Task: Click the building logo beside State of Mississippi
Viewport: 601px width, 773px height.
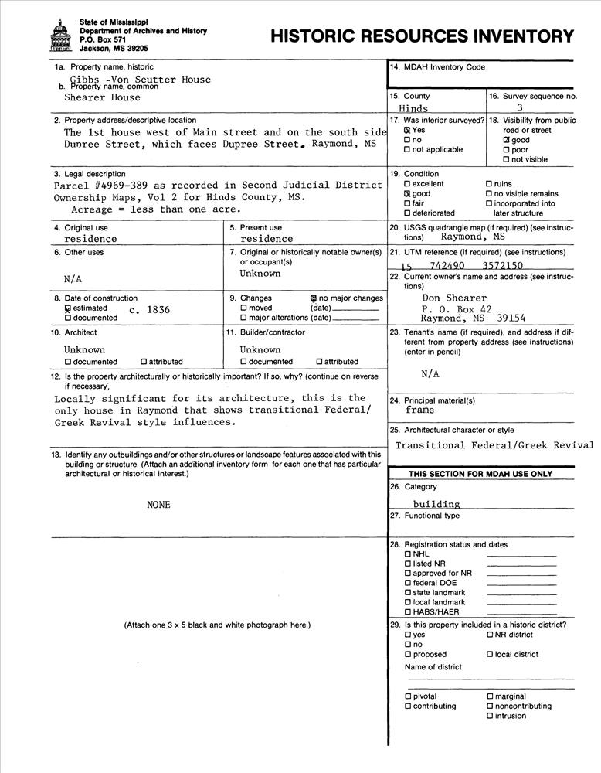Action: [59, 35]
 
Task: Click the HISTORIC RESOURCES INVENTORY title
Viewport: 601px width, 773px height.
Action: [423, 36]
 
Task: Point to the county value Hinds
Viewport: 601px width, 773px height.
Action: [413, 109]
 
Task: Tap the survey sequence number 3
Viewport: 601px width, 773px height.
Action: [519, 108]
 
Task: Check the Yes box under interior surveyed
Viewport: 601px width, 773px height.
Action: [407, 131]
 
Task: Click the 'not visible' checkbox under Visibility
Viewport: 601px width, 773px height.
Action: [506, 160]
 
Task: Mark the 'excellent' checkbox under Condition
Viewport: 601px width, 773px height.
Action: [407, 184]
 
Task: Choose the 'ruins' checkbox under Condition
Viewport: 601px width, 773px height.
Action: [489, 184]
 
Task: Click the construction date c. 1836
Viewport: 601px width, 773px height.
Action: [150, 309]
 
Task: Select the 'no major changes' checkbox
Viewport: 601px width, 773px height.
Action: [313, 298]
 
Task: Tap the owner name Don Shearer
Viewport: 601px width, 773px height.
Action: [454, 298]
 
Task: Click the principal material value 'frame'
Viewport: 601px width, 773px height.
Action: [419, 410]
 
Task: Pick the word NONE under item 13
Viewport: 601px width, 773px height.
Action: [158, 505]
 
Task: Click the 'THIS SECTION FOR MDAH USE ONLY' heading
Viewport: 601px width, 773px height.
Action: [480, 474]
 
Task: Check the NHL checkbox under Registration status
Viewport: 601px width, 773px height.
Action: [407, 554]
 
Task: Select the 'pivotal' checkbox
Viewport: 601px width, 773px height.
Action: [407, 696]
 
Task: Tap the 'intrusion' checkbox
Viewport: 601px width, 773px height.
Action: [490, 716]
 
